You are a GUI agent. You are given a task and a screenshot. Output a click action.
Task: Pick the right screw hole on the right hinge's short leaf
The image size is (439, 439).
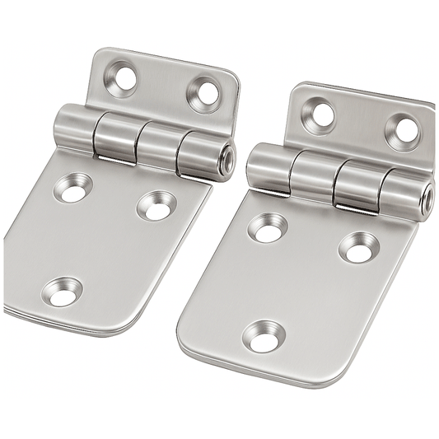click(404, 130)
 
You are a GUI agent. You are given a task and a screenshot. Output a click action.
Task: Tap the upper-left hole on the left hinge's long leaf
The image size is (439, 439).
click(72, 189)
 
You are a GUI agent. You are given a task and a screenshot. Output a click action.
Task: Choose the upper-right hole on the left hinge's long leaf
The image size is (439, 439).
click(156, 204)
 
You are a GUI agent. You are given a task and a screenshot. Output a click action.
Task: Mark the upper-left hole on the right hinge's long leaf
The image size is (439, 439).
click(268, 227)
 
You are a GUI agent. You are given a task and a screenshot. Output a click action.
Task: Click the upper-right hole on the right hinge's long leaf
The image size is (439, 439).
click(358, 247)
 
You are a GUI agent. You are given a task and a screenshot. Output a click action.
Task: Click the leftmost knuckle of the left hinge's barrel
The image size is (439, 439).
click(72, 130)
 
